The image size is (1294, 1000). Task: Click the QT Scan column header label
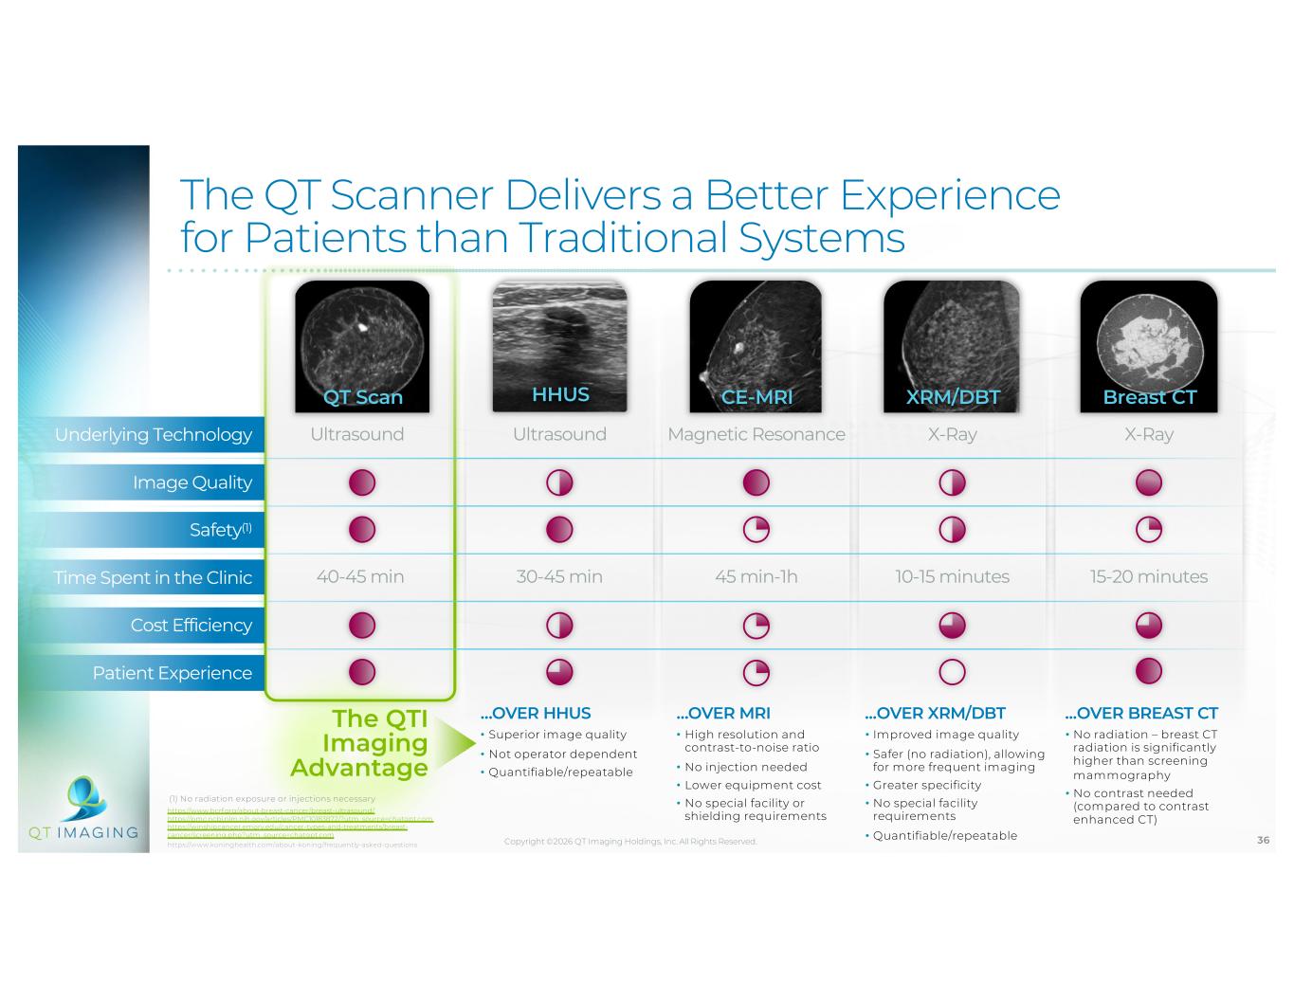click(x=363, y=397)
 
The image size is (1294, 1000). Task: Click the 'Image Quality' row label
click(x=192, y=482)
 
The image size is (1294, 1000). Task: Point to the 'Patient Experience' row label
click(x=173, y=673)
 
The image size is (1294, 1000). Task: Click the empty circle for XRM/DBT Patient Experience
click(x=952, y=672)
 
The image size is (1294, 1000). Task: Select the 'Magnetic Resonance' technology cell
click(x=756, y=434)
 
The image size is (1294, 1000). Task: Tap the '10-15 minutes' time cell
click(x=952, y=576)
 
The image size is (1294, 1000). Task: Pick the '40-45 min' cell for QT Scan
click(x=360, y=576)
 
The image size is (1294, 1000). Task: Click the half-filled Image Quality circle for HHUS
click(x=559, y=483)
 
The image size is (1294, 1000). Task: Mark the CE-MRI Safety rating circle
click(x=756, y=530)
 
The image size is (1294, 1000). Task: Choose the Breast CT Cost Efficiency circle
click(x=1148, y=626)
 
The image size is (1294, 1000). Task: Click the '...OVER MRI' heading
click(x=723, y=713)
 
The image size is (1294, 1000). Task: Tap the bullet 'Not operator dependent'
click(x=562, y=754)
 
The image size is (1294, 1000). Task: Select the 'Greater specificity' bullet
click(x=926, y=785)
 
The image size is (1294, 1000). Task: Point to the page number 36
click(x=1263, y=840)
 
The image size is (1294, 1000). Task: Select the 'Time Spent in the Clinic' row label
click(x=153, y=577)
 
